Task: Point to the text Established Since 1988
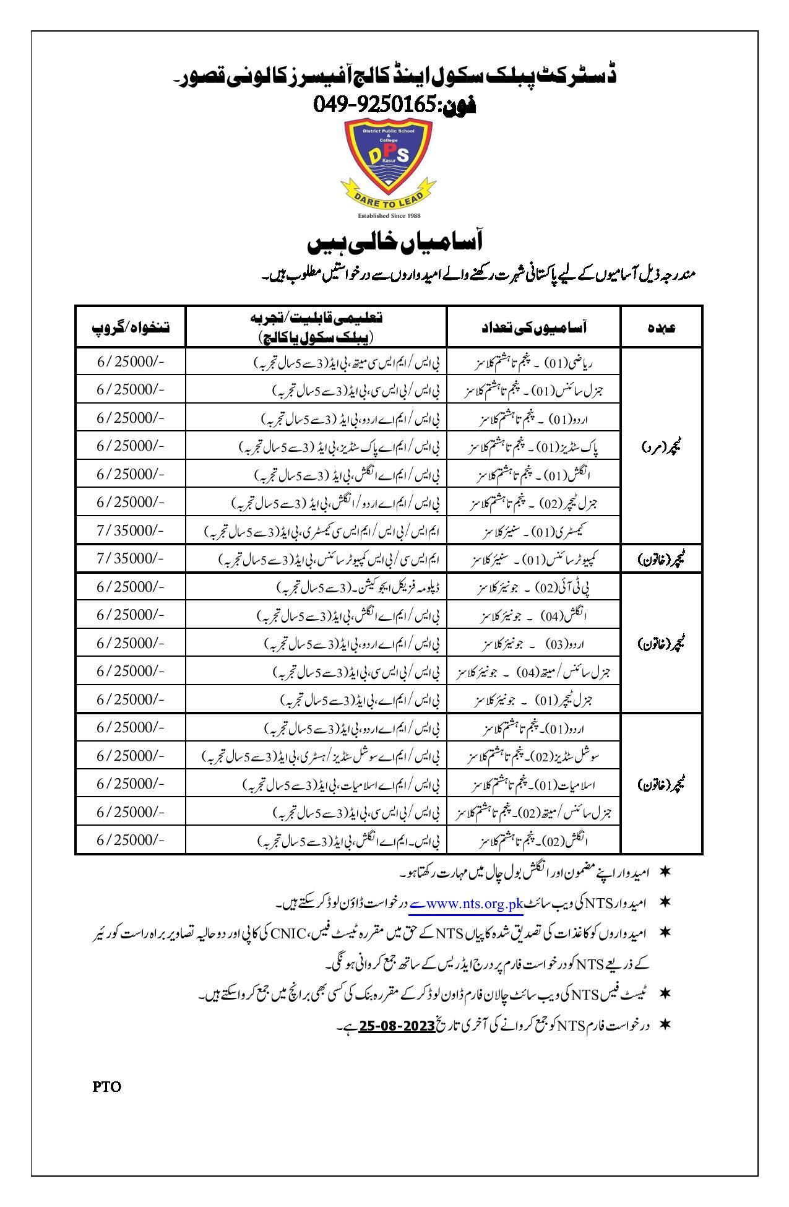[x=389, y=215]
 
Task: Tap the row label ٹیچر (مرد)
[x=661, y=446]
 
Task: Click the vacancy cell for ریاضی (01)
[x=533, y=361]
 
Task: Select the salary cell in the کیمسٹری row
[x=131, y=530]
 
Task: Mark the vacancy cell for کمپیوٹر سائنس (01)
[x=533, y=559]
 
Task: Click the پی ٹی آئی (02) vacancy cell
[x=533, y=587]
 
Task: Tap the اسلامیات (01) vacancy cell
[x=533, y=785]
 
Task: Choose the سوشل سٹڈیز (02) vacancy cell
[x=533, y=756]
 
